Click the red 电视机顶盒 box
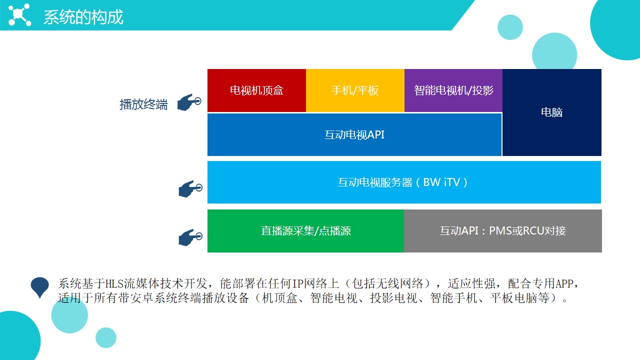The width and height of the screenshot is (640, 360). (x=256, y=90)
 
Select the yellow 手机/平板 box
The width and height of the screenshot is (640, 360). (x=355, y=90)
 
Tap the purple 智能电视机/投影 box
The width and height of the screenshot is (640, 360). (x=453, y=90)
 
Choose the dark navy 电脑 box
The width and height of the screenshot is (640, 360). (x=551, y=112)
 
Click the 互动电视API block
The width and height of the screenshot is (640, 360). (x=354, y=134)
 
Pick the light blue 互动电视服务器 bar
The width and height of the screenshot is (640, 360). (x=404, y=182)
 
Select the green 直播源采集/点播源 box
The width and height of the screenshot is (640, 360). (x=305, y=231)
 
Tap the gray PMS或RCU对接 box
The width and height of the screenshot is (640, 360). (x=503, y=231)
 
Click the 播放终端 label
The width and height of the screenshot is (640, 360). (x=143, y=104)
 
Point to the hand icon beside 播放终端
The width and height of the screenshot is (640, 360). (x=189, y=102)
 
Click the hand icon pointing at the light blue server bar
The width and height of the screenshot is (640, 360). (x=190, y=188)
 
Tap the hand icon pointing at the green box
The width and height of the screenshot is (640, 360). (x=190, y=237)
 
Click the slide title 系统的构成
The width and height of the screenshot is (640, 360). (x=83, y=17)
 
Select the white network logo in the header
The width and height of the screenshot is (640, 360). (x=19, y=14)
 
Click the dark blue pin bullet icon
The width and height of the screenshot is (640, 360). (x=39, y=287)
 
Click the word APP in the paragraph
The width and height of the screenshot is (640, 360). (x=564, y=283)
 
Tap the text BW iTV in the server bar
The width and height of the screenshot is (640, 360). (x=441, y=182)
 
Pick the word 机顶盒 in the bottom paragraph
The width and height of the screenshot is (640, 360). (x=279, y=298)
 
